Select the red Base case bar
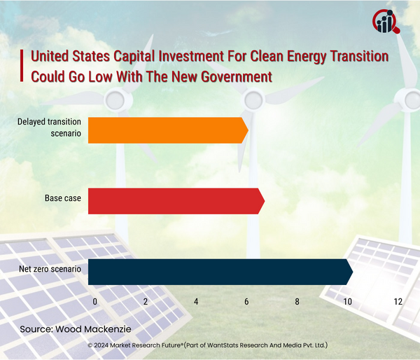[175, 201]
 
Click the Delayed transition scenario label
[49, 126]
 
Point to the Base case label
[63, 200]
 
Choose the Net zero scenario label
[50, 269]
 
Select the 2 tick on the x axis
[146, 302]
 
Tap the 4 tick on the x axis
[196, 302]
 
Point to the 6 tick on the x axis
[246, 302]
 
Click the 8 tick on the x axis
[297, 302]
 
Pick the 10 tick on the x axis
[347, 302]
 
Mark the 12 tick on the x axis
[398, 302]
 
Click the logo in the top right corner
[385, 22]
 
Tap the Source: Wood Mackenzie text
[75, 328]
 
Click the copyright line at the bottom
[208, 346]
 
